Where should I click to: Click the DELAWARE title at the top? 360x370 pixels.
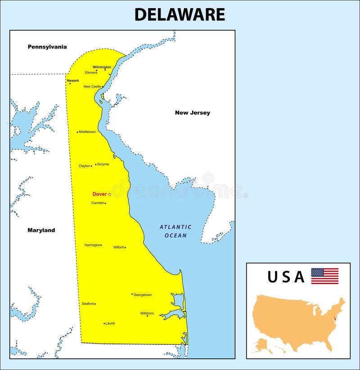click(180, 14)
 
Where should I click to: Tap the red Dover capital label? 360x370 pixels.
click(99, 194)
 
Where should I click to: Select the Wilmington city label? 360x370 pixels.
click(102, 67)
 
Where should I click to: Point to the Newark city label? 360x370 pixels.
click(73, 80)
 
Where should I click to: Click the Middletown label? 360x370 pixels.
click(87, 132)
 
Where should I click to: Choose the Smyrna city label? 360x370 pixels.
click(103, 164)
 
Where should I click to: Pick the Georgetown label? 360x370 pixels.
click(143, 295)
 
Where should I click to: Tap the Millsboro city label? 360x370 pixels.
click(147, 313)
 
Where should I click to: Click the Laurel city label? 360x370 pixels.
click(110, 323)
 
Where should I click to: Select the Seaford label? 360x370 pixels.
click(88, 303)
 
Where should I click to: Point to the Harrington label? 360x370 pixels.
click(92, 245)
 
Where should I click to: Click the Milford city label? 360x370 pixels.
click(118, 247)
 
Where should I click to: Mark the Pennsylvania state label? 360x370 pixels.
click(47, 47)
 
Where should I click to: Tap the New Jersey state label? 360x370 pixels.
click(193, 113)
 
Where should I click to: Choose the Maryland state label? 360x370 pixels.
click(41, 230)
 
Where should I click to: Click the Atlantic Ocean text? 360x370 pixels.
click(175, 231)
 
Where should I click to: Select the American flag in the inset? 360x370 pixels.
click(324, 276)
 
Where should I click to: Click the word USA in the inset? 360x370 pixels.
click(286, 277)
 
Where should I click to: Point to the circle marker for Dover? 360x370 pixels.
click(109, 195)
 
